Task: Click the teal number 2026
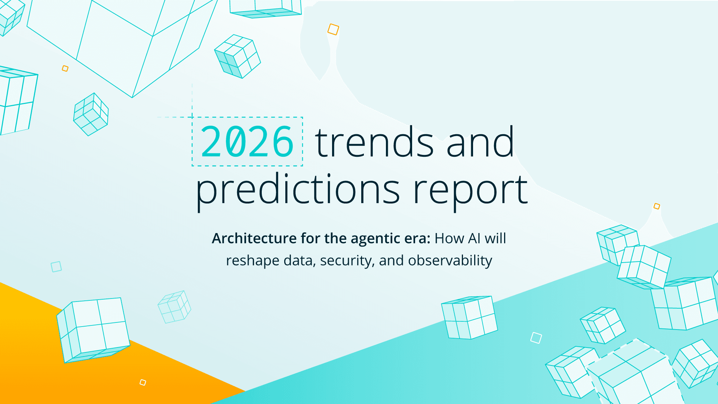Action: (247, 142)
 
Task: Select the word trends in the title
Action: (374, 143)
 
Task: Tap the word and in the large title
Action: (480, 143)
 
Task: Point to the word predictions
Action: (298, 190)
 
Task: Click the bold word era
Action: (418, 238)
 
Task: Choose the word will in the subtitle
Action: (495, 238)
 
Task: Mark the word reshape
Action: (252, 261)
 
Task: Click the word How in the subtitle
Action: (449, 238)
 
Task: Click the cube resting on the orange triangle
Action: (93, 330)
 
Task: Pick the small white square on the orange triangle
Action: (143, 382)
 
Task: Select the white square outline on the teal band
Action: (536, 338)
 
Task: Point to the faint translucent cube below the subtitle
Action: (174, 307)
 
